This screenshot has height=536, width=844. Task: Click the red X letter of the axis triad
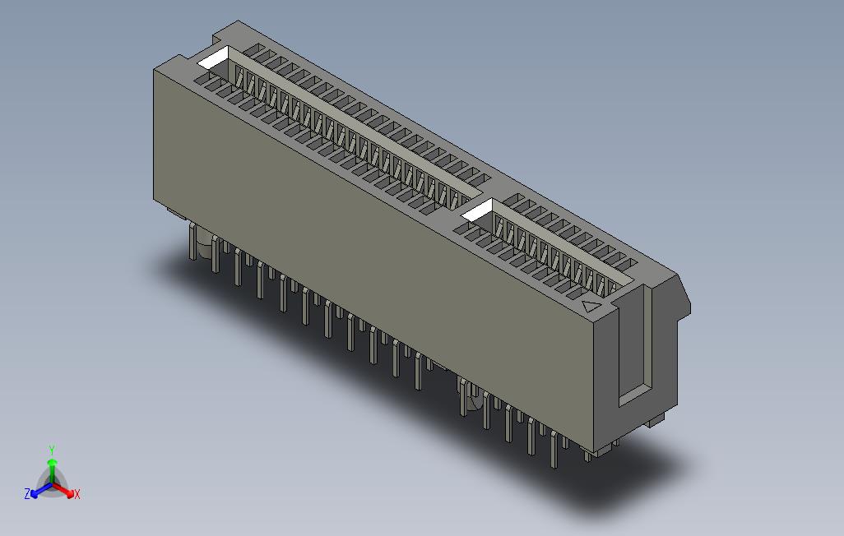click(77, 494)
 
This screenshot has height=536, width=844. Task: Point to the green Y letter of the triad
click(51, 450)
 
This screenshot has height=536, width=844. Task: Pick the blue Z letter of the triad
click(27, 494)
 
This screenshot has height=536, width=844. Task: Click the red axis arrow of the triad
click(64, 490)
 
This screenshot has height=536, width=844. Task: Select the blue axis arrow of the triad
click(37, 492)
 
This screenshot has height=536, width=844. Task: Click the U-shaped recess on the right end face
click(633, 345)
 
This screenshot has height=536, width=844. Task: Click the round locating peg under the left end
click(197, 243)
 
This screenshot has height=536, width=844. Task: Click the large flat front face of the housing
click(370, 247)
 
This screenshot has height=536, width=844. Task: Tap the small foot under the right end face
click(655, 421)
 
